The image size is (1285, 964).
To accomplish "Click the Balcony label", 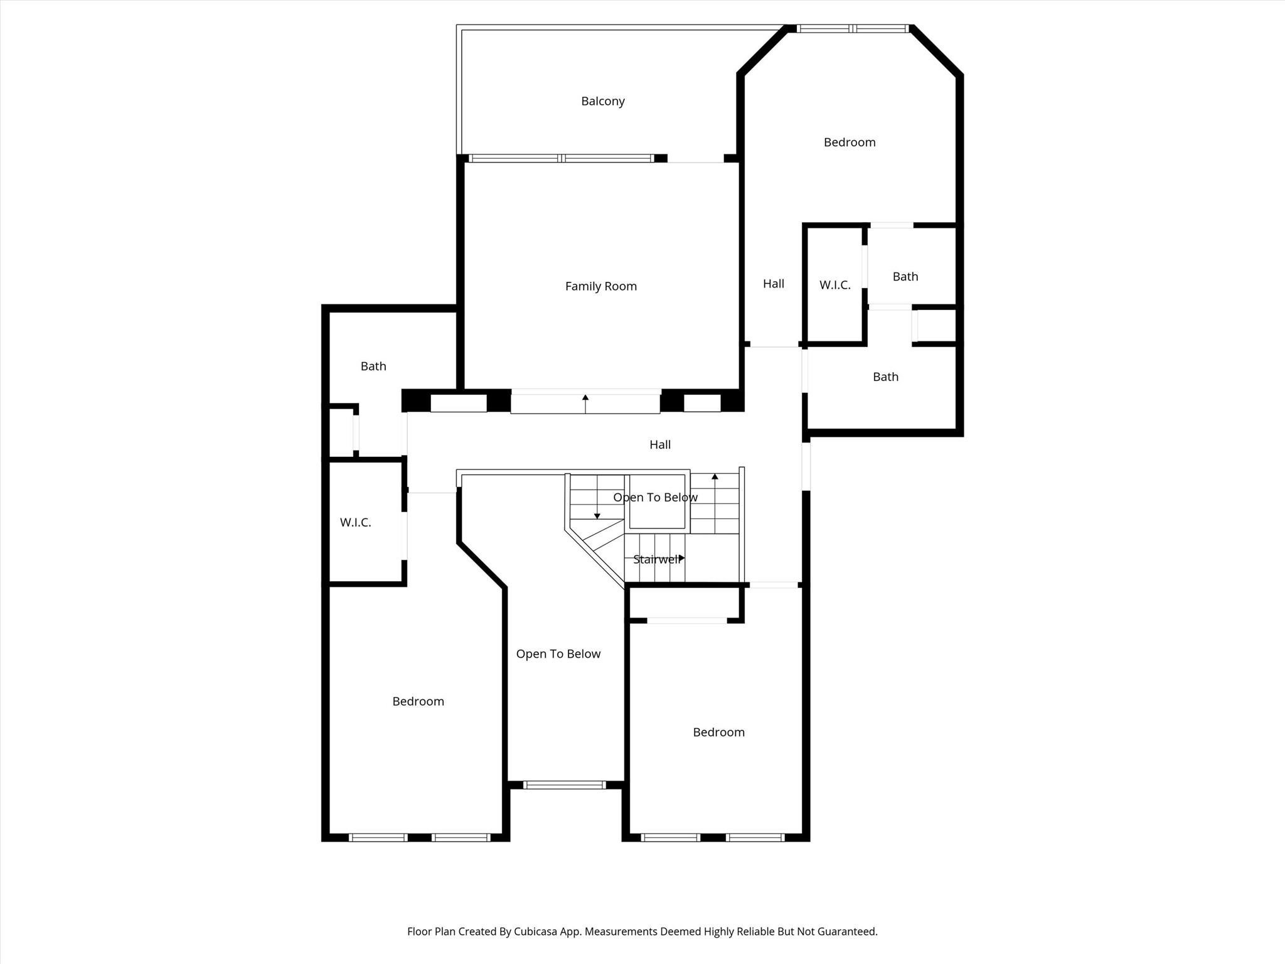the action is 602,102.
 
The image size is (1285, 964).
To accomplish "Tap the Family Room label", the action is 600,287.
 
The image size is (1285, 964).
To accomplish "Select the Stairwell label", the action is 657,559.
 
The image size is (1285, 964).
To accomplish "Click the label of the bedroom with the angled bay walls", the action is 850,142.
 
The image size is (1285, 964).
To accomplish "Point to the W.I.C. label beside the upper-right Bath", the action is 834,286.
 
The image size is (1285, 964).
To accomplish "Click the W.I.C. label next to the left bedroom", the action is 355,523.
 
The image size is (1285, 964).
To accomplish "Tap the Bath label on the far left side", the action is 373,367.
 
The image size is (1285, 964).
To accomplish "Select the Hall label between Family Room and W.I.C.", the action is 773,284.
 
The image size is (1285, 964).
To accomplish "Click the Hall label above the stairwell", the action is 659,445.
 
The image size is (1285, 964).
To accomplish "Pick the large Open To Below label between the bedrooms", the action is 558,655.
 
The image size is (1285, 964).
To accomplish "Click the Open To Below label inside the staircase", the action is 655,498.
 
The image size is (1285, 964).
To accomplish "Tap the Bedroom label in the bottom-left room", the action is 418,702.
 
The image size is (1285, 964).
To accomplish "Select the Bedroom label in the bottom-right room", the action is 718,732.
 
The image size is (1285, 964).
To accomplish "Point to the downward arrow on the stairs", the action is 597,497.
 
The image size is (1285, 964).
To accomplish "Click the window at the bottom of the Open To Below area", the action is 564,785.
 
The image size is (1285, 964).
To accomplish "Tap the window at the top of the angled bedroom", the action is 852,28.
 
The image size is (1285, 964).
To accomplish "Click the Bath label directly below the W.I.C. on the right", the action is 885,377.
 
